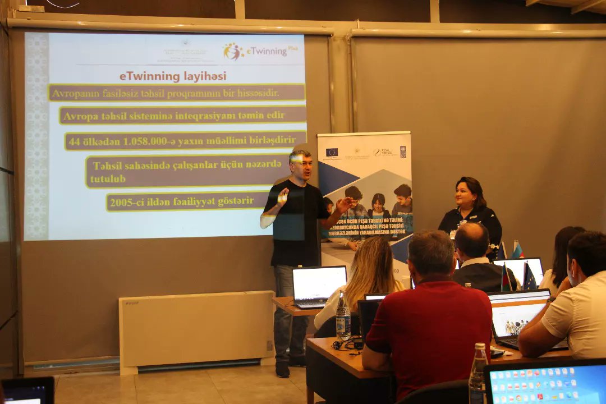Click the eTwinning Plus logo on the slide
(x=259, y=52)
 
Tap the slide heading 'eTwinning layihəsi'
(x=173, y=76)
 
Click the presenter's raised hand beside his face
(x=282, y=197)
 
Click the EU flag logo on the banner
(x=332, y=151)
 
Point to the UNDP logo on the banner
(x=402, y=151)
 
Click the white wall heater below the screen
(x=196, y=328)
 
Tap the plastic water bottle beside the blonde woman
(x=342, y=317)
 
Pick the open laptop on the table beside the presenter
(x=318, y=286)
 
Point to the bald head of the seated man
(x=471, y=238)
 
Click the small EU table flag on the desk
(x=529, y=278)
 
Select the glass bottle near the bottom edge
(x=478, y=373)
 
